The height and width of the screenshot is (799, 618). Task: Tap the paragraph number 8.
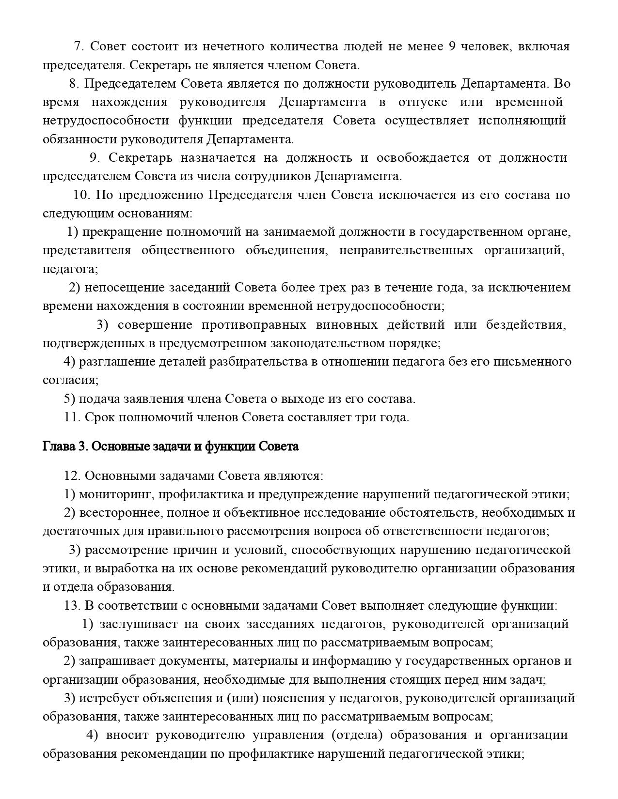[x=73, y=84]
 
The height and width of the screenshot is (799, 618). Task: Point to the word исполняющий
[x=522, y=121]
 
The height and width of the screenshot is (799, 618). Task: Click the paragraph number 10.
[x=82, y=195]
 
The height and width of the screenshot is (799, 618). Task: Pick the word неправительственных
[x=406, y=250]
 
